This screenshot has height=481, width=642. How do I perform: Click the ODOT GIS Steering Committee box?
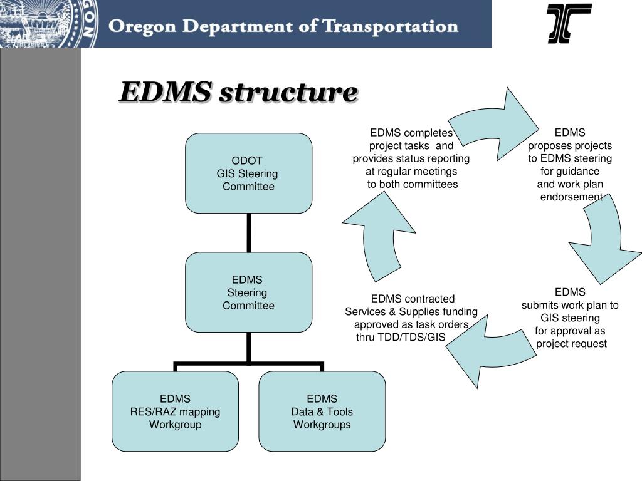[248, 173]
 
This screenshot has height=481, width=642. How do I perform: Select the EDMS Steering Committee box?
[248, 292]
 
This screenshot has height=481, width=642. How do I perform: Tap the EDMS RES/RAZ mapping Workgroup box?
[175, 411]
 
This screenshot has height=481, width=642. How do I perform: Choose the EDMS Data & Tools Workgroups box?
[322, 411]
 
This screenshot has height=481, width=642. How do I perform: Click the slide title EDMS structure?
[238, 93]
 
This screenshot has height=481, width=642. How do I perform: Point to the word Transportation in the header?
[390, 26]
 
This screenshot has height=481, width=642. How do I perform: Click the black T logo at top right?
[569, 23]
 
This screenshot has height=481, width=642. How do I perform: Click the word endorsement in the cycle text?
[571, 197]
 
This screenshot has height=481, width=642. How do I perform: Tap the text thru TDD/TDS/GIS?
[401, 337]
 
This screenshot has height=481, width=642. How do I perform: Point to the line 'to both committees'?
[412, 184]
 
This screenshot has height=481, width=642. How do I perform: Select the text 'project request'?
[571, 343]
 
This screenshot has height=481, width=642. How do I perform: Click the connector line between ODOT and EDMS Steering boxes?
[249, 232]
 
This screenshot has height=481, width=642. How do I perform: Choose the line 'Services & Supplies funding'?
[411, 311]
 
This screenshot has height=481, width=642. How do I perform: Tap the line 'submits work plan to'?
[570, 305]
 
